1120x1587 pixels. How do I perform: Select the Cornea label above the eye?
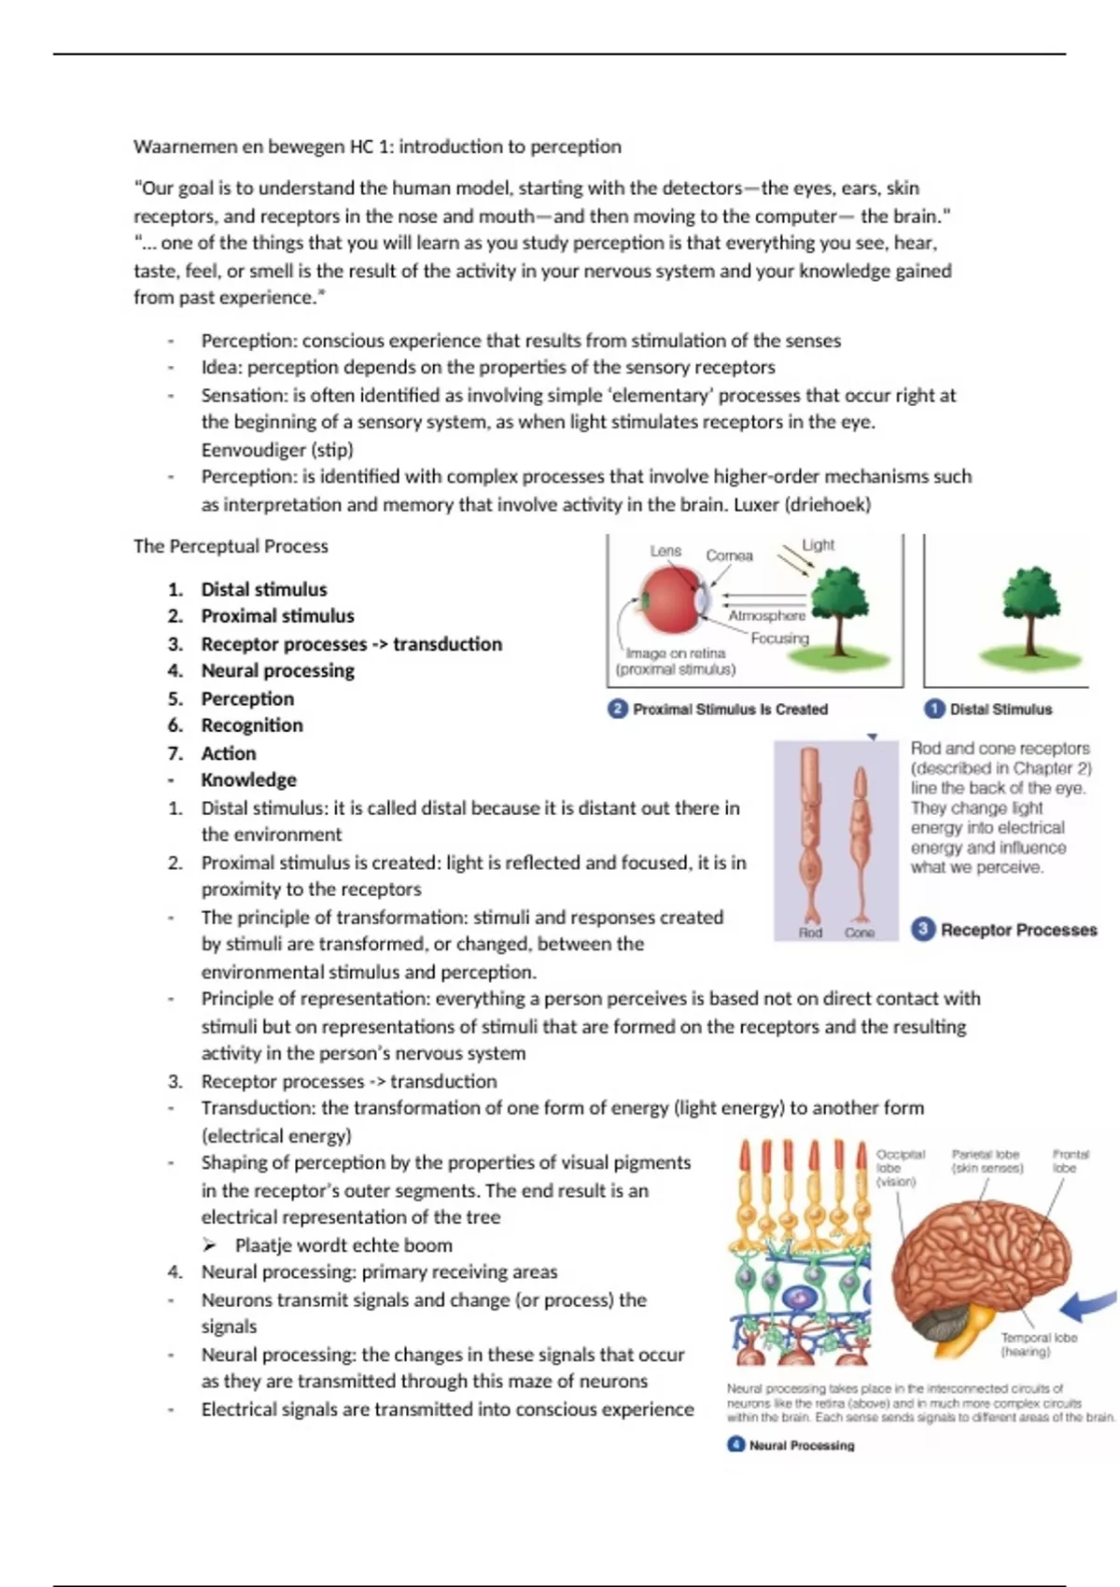pyautogui.click(x=729, y=555)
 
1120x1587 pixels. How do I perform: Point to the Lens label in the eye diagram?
pyautogui.click(x=665, y=551)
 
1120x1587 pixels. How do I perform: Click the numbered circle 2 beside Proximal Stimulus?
pyautogui.click(x=617, y=709)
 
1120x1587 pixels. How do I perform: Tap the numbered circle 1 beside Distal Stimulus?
pyautogui.click(x=933, y=709)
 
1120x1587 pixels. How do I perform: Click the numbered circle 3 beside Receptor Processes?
pyautogui.click(x=923, y=929)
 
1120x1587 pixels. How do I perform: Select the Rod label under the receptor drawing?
pyautogui.click(x=810, y=933)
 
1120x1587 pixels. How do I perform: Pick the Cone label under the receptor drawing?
pyautogui.click(x=860, y=933)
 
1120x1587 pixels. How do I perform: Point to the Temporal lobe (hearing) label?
pyautogui.click(x=1038, y=1344)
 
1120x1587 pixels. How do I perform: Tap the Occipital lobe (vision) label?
pyautogui.click(x=900, y=1167)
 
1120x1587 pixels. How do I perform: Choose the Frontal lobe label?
pyautogui.click(x=1070, y=1160)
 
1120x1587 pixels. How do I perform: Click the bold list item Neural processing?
pyautogui.click(x=277, y=670)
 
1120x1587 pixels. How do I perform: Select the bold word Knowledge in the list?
pyautogui.click(x=248, y=779)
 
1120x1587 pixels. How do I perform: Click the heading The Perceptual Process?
pyautogui.click(x=231, y=546)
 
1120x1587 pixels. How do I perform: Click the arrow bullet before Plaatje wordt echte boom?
pyautogui.click(x=210, y=1245)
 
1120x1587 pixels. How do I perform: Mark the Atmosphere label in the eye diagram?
pyautogui.click(x=766, y=615)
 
